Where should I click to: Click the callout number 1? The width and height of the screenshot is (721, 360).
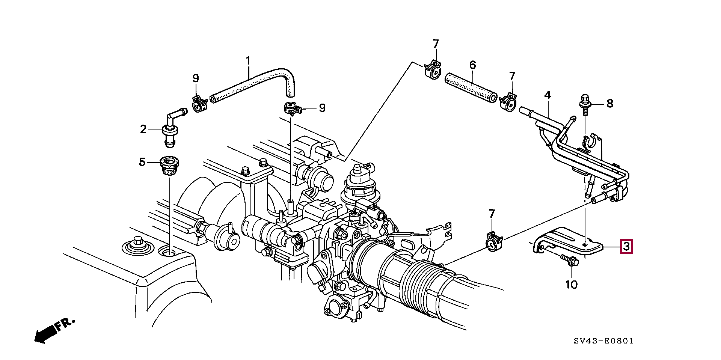point(248,61)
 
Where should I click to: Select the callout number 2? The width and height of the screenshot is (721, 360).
point(143,130)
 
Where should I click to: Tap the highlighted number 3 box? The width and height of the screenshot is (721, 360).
point(626,247)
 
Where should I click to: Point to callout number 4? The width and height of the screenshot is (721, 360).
point(548,95)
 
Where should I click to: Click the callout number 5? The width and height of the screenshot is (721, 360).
point(142,162)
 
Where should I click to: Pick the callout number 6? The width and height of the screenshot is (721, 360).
point(473,65)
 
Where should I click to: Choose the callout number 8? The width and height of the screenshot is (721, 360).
point(610,103)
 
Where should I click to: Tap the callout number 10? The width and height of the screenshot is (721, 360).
point(571,285)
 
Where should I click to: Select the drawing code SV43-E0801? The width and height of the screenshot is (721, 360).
point(603,341)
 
